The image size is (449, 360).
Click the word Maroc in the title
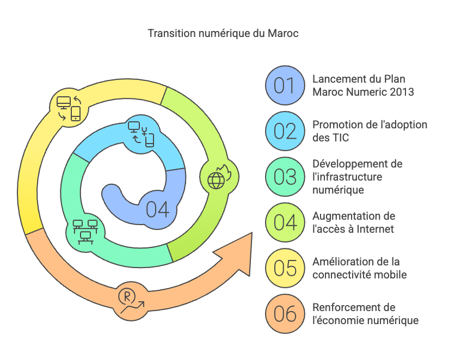tap(283, 34)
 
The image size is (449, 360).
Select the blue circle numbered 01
tap(285, 85)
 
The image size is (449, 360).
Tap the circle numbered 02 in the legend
tap(285, 131)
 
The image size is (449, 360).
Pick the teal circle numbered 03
tap(285, 177)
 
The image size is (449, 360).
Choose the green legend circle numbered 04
tap(285, 222)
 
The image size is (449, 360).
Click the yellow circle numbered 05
tap(285, 268)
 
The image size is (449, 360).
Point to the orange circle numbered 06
tap(285, 314)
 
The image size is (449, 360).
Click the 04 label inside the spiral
tap(157, 209)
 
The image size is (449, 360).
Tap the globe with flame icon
tap(219, 177)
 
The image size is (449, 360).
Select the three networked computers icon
tap(85, 232)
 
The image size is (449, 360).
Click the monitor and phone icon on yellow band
tap(69, 108)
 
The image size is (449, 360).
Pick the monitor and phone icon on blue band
tap(141, 134)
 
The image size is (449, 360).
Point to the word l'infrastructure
tap(347, 177)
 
